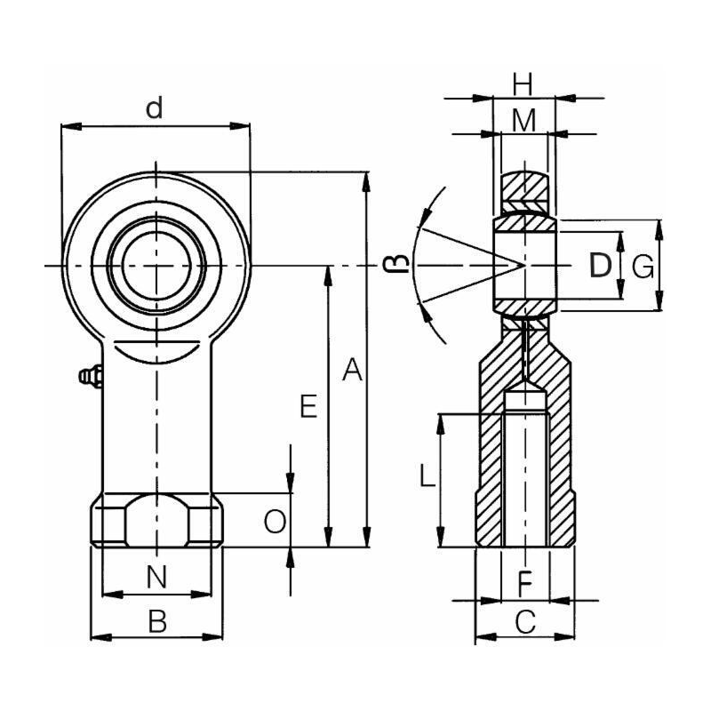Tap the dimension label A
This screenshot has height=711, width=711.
353,370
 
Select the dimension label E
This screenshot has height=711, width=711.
308,407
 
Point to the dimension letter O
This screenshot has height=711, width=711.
276,522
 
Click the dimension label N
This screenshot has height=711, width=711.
156,577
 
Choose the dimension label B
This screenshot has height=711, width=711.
156,621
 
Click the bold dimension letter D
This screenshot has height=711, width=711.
601,265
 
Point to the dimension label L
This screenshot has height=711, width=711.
427,478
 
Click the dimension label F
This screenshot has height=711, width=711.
524,584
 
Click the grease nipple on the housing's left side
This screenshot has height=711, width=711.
89,377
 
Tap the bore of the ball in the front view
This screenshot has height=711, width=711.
156,265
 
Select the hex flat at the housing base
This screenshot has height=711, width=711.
156,522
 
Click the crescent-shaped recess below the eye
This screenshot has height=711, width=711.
156,351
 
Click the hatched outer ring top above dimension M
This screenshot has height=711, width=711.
524,188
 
